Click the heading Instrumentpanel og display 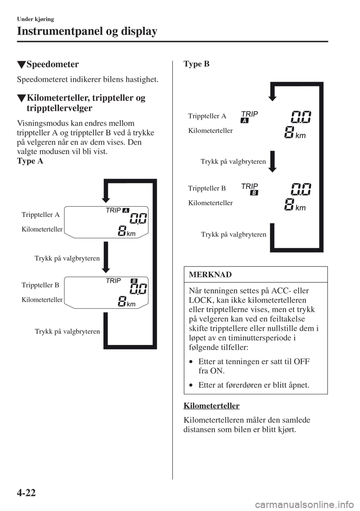coord(87,31)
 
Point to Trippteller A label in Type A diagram coord(40,215)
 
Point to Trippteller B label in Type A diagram coord(40,285)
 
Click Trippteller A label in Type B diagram coord(207,116)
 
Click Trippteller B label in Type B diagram coord(207,188)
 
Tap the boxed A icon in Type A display coord(125,210)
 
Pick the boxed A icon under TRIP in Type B coord(245,120)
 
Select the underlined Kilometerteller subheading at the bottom coord(212,406)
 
